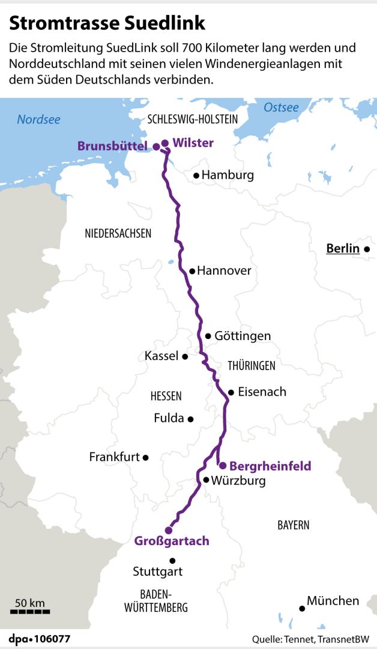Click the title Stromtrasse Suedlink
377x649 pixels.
pyautogui.click(x=107, y=23)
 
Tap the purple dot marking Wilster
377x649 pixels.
pyautogui.click(x=165, y=143)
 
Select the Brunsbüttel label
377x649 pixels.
pyautogui.click(x=112, y=146)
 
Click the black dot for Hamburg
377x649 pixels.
pyautogui.click(x=196, y=176)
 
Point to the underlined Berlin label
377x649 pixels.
pyautogui.click(x=342, y=249)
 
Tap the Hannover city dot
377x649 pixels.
pyautogui.click(x=192, y=271)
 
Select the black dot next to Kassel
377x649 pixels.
pyautogui.click(x=185, y=356)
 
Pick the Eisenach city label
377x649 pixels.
pyautogui.click(x=262, y=392)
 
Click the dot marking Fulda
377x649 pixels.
pyautogui.click(x=190, y=419)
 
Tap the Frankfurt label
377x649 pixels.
pyautogui.click(x=114, y=457)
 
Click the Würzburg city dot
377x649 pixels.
pyautogui.click(x=206, y=480)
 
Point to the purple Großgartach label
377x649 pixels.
pyautogui.click(x=172, y=541)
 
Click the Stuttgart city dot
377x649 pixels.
pyautogui.click(x=173, y=561)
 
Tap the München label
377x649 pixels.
pyautogui.click(x=333, y=600)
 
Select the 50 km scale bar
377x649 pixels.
pyautogui.click(x=30, y=612)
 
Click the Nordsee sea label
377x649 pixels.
pyautogui.click(x=38, y=120)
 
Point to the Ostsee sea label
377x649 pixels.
pyautogui.click(x=281, y=108)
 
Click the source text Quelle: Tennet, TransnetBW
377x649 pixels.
pyautogui.click(x=310, y=639)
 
